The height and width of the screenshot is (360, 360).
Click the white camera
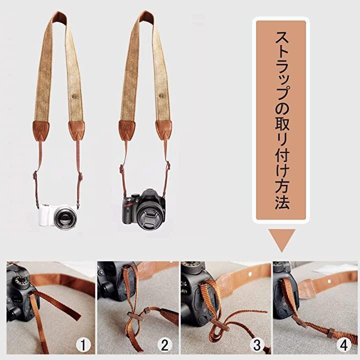[58, 215]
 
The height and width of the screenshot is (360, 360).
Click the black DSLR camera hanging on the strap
[143, 209]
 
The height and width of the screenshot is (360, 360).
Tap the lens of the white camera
[65, 216]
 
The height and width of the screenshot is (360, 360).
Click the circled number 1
[83, 344]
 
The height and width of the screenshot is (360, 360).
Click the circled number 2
[164, 344]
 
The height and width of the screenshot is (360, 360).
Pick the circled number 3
[257, 344]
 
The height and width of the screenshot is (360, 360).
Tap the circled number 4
[343, 344]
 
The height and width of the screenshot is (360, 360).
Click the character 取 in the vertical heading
[282, 124]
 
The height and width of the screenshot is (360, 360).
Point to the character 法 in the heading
[282, 202]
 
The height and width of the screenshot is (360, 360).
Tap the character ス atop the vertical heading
[282, 37]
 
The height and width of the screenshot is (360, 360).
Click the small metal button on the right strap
[162, 95]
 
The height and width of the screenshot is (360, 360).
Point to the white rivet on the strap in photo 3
[250, 274]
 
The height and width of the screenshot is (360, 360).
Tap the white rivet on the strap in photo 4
[329, 281]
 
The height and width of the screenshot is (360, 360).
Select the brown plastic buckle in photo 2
[134, 316]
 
